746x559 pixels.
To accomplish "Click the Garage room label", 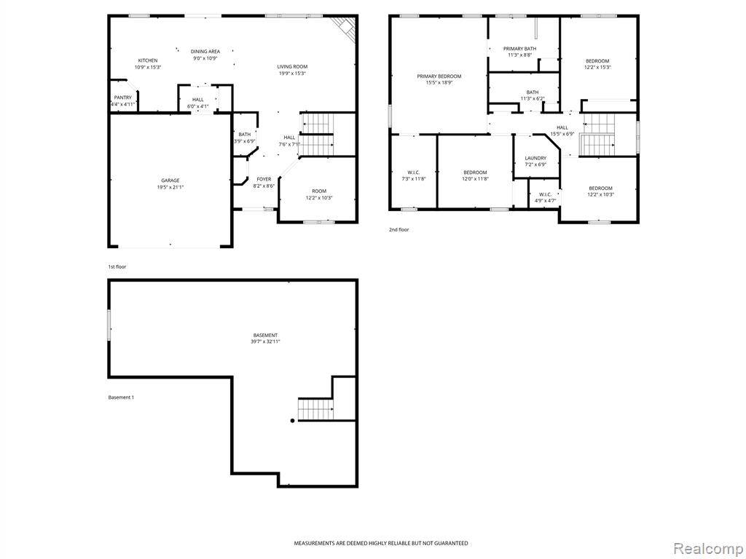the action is coord(170,181).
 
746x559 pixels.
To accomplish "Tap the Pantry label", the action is coord(122,98).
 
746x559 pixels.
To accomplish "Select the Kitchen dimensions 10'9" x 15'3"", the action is coord(148,67).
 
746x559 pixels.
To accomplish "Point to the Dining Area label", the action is coord(205,52).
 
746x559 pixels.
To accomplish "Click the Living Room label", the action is coord(293,66).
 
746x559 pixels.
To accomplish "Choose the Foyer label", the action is coord(264,179).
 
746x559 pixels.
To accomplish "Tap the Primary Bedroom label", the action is coord(439,76).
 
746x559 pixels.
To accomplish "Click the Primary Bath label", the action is coord(520,49).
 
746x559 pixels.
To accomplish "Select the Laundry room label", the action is coord(535,158).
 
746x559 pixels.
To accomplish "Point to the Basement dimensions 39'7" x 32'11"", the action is coord(265,342).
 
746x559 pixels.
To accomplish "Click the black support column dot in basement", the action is coord(292,420).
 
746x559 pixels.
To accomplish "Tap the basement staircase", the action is coord(315,409).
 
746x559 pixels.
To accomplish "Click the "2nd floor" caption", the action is coord(398,229).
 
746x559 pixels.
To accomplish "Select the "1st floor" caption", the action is coord(117,266).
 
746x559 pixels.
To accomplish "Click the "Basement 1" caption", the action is coord(121,397).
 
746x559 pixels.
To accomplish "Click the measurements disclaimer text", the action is coord(380,543).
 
